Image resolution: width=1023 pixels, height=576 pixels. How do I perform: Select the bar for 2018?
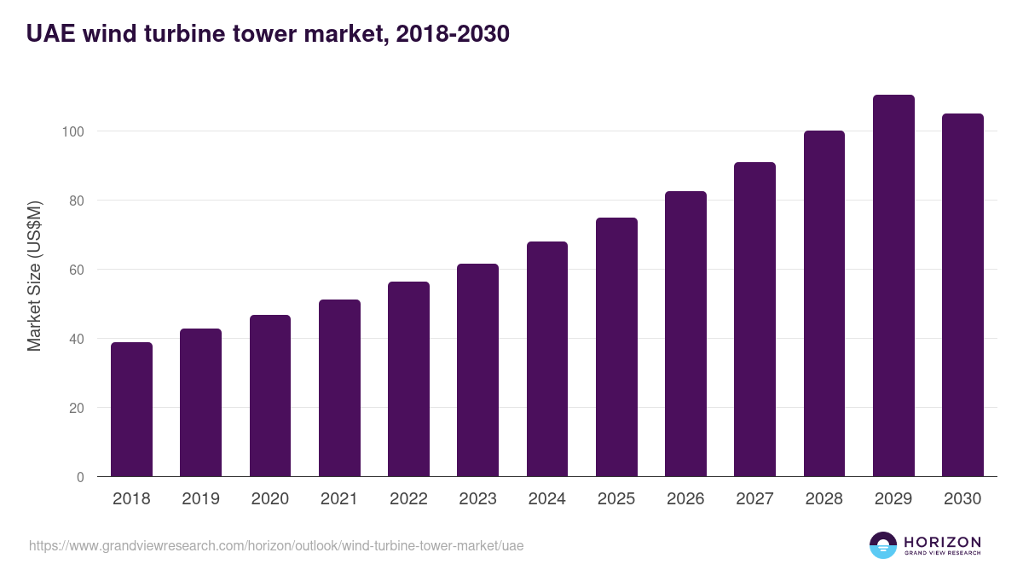click(x=131, y=410)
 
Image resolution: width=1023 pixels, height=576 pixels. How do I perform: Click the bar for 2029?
click(x=893, y=286)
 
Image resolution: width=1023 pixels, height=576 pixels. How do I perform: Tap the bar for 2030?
click(x=962, y=295)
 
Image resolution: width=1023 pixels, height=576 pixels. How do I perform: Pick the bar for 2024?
click(x=547, y=359)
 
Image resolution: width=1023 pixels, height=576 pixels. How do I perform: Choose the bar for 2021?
click(x=339, y=388)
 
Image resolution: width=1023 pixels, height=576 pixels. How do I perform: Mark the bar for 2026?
click(x=685, y=334)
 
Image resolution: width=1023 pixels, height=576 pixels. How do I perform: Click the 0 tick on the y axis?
click(x=80, y=477)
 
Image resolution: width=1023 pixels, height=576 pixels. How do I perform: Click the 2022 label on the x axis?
click(x=408, y=499)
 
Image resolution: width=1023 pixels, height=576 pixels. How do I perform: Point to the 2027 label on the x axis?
click(x=754, y=499)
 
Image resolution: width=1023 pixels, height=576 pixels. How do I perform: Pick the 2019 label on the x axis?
click(x=200, y=499)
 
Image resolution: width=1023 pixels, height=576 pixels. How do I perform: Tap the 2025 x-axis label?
click(x=616, y=499)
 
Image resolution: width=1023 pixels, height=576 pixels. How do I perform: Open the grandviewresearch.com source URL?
click(x=276, y=545)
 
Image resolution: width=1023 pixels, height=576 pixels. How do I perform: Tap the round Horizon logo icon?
click(x=883, y=545)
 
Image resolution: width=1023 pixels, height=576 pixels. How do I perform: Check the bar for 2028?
click(x=824, y=304)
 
